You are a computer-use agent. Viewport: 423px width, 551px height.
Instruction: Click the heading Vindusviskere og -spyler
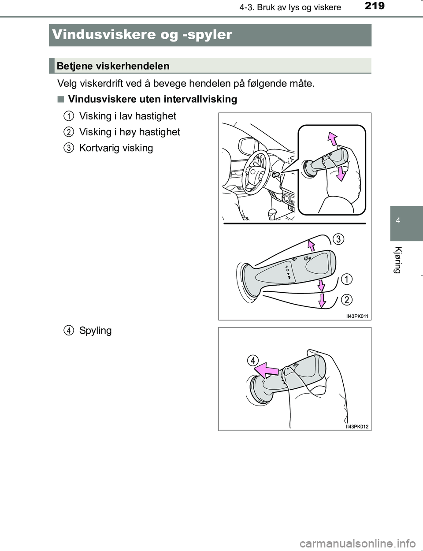(x=141, y=34)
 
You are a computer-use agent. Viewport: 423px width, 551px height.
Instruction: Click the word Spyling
(x=95, y=331)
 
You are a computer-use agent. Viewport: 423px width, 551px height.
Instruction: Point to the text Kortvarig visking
(x=116, y=148)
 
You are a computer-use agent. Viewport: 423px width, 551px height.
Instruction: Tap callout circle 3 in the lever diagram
(x=338, y=239)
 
